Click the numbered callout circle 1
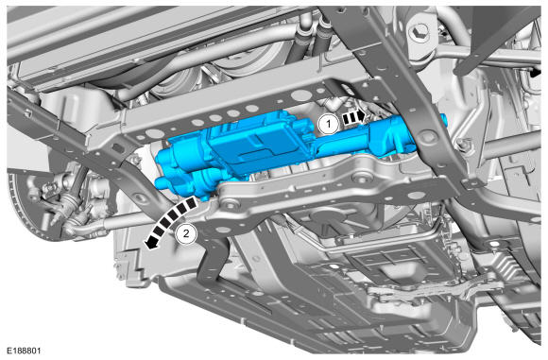[x=328, y=124]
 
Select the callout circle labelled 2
[x=186, y=233]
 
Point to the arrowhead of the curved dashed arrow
[x=150, y=243]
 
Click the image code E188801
[x=24, y=351]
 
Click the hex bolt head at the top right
[x=420, y=31]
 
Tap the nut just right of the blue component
[x=462, y=143]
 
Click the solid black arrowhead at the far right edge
[x=536, y=73]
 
